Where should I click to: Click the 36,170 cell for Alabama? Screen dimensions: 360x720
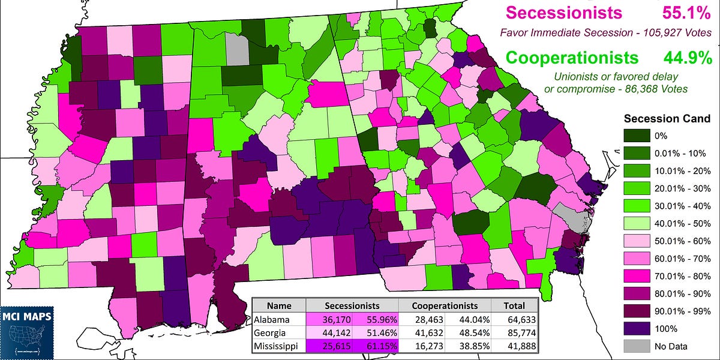329,320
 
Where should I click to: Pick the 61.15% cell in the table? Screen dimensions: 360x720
373,347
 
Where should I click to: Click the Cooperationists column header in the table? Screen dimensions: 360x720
445,305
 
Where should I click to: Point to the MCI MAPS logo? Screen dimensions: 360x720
26,324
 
